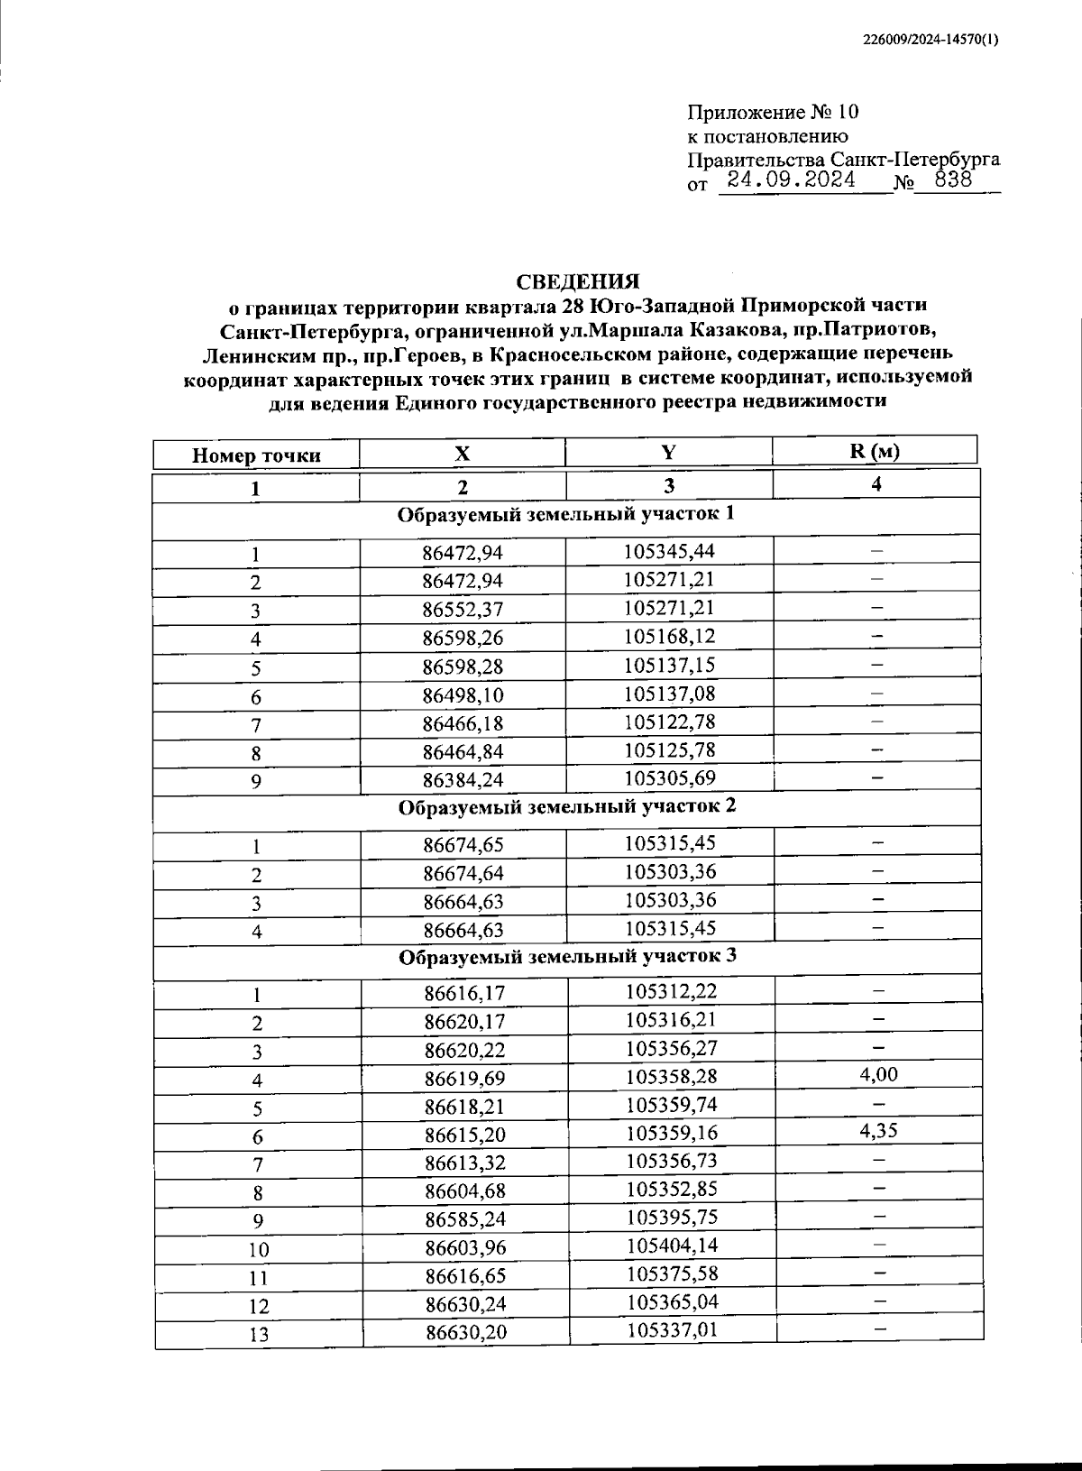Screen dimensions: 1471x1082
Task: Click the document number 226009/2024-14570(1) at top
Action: (x=931, y=39)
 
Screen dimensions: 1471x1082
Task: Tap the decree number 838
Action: (x=954, y=179)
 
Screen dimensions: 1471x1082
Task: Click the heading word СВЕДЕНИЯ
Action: (x=578, y=281)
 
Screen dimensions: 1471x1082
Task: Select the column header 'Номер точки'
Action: (x=256, y=455)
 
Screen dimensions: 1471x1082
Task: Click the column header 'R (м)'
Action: (x=875, y=452)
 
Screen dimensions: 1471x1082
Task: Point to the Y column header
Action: (x=668, y=453)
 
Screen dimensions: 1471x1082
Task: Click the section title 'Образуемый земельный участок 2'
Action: (x=567, y=805)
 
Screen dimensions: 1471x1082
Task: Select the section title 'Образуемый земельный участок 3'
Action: (x=568, y=956)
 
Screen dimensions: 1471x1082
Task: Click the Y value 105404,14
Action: (x=671, y=1246)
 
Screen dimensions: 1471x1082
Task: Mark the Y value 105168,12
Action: (x=669, y=637)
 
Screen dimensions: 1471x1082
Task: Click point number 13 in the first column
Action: (x=258, y=1335)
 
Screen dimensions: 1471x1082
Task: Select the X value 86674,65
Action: (x=463, y=845)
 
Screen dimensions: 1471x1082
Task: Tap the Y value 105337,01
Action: (x=671, y=1330)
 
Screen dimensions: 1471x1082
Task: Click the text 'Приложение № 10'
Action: (x=774, y=113)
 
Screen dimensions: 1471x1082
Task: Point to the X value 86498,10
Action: (x=463, y=696)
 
